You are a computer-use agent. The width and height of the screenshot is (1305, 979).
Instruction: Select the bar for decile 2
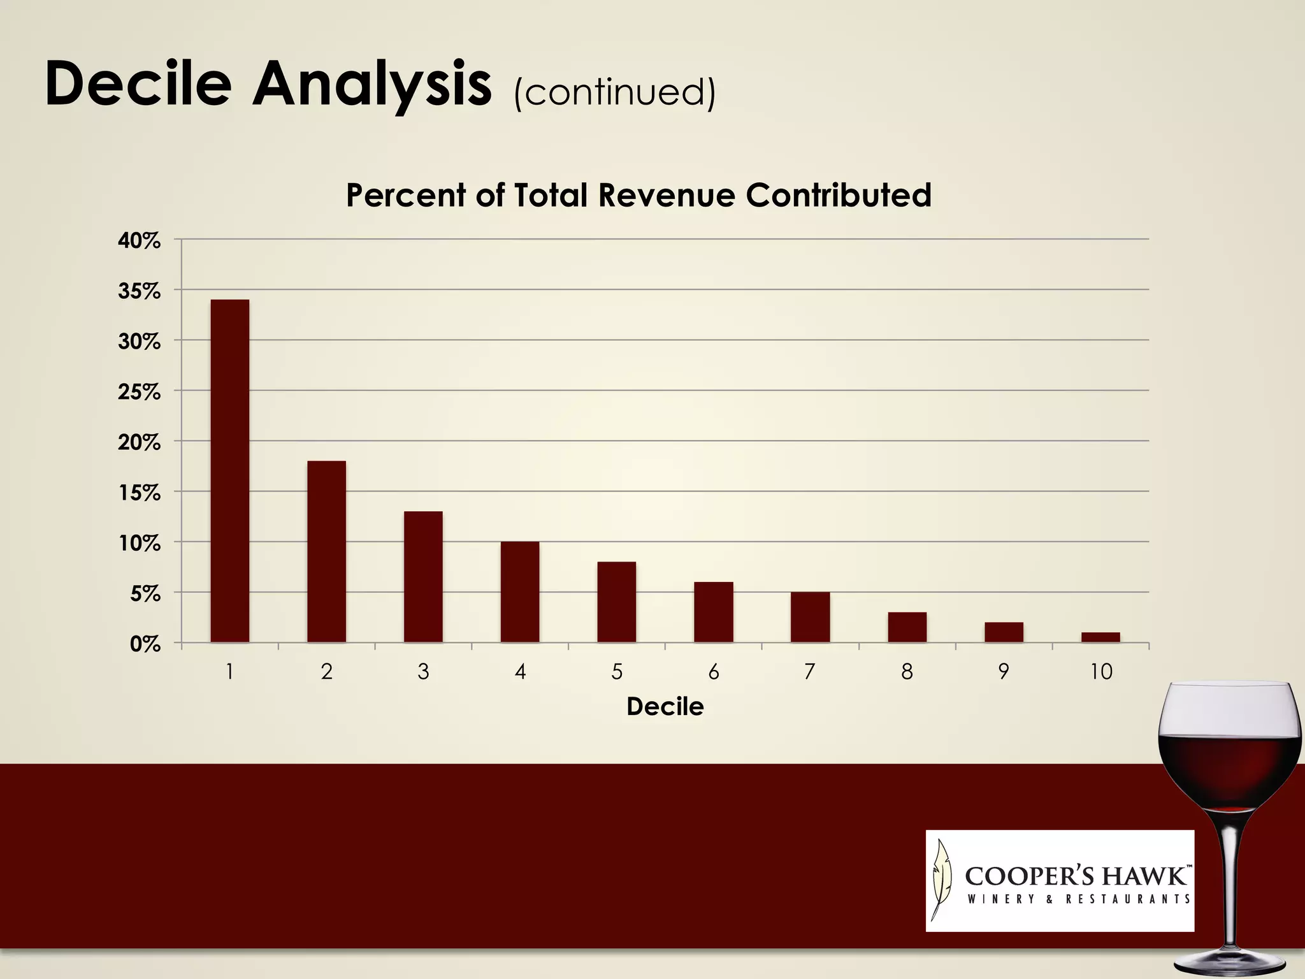(x=326, y=551)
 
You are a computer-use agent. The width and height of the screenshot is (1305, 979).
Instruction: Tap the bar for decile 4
(x=520, y=591)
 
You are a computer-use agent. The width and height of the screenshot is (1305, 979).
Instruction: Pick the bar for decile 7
(x=810, y=617)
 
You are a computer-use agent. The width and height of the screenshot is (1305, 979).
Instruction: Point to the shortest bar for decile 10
(x=1100, y=637)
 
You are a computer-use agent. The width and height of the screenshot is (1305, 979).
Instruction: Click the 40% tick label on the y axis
(x=139, y=241)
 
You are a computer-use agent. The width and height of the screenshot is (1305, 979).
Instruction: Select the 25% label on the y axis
(x=139, y=392)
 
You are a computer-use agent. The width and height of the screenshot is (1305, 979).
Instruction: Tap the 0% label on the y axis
(x=145, y=644)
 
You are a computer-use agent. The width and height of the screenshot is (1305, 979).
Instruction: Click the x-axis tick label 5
(x=617, y=672)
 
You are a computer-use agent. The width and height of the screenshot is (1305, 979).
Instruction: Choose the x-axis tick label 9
(x=1004, y=672)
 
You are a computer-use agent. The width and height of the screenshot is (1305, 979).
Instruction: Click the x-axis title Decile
(x=665, y=707)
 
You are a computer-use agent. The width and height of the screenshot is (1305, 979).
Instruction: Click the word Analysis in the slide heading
(x=372, y=84)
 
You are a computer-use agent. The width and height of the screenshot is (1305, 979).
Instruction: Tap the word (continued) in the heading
(x=615, y=92)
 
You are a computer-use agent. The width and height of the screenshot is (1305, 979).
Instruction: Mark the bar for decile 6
(x=713, y=612)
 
